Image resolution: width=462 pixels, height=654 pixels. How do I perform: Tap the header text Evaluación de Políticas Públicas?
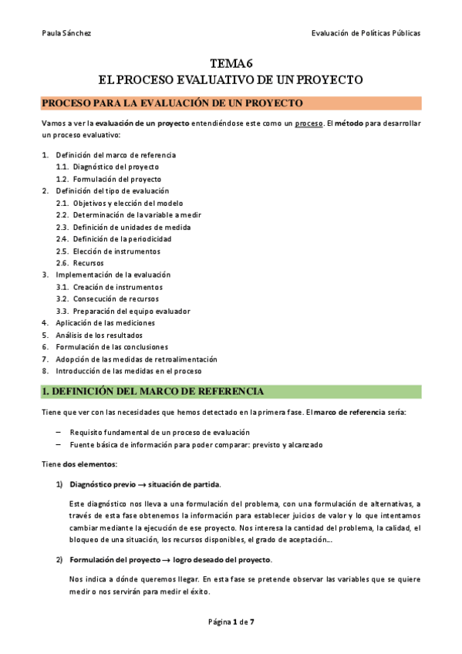366,33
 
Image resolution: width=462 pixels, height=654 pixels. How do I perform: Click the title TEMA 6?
231,65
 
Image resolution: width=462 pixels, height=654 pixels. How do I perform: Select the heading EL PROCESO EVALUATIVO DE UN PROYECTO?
231,79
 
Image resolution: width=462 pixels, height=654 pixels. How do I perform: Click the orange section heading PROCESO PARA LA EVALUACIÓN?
171,103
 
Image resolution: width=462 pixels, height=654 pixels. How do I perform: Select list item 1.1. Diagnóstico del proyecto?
107,167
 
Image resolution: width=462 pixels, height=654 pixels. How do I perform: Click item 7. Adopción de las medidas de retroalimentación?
130,359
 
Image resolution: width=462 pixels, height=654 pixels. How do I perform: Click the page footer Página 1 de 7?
231,622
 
